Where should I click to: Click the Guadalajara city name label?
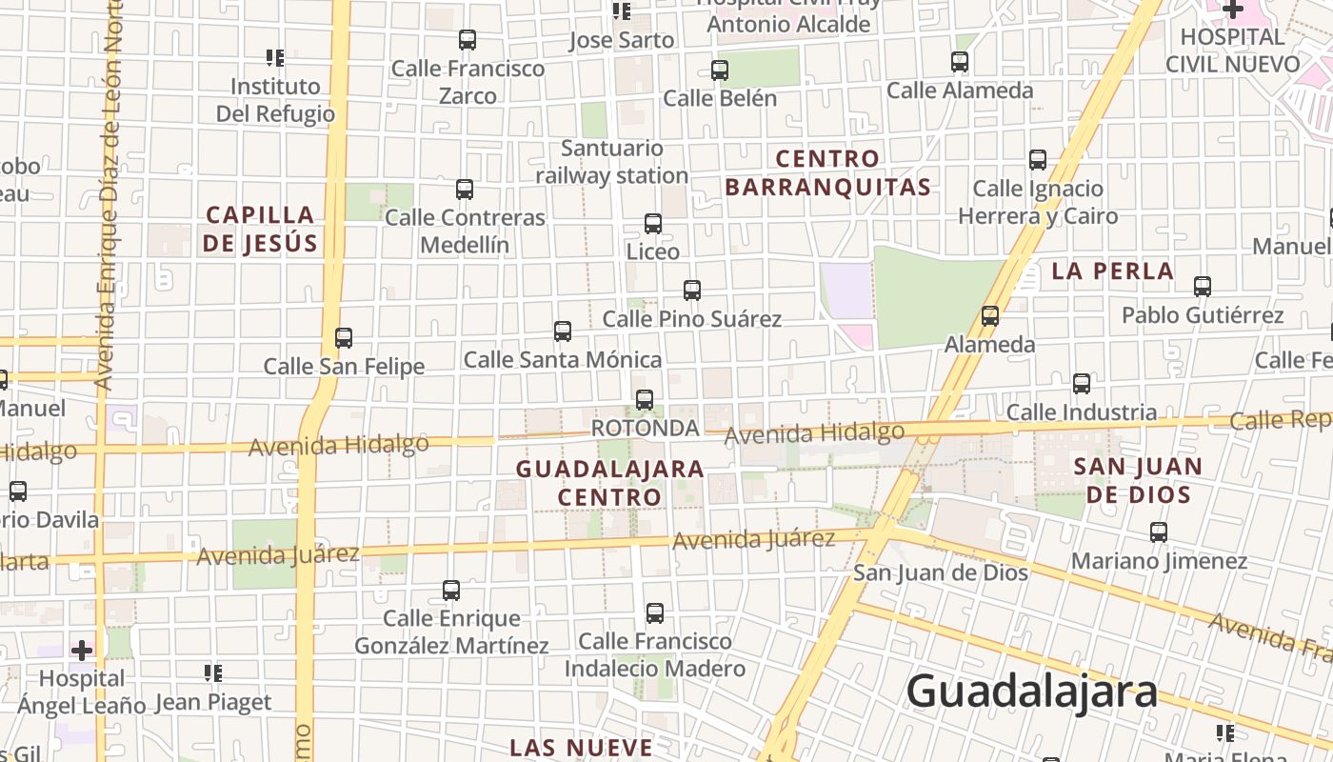tap(1031, 692)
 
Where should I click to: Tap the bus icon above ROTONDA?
tap(645, 400)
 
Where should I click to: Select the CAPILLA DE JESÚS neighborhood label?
tap(260, 229)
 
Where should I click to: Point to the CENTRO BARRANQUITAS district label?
tap(827, 172)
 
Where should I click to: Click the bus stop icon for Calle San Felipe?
tap(344, 338)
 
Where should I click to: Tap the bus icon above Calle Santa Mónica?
tap(563, 331)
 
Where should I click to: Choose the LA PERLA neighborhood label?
tap(1112, 271)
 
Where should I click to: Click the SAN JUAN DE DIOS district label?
tap(1139, 481)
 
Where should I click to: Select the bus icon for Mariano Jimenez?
tap(1159, 532)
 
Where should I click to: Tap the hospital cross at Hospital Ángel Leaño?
tap(83, 651)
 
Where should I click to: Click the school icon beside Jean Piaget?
tap(213, 674)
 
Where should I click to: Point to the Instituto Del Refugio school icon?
tap(275, 58)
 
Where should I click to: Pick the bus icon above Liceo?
tap(653, 224)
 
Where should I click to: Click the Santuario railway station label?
tap(611, 162)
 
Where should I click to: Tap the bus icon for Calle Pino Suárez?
tap(692, 291)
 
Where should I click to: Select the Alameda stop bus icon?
tap(990, 316)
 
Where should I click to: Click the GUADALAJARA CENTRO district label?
tap(609, 483)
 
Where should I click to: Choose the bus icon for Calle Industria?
tap(1082, 384)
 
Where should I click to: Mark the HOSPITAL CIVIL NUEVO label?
tap(1232, 50)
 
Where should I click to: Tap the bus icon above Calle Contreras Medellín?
tap(465, 190)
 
